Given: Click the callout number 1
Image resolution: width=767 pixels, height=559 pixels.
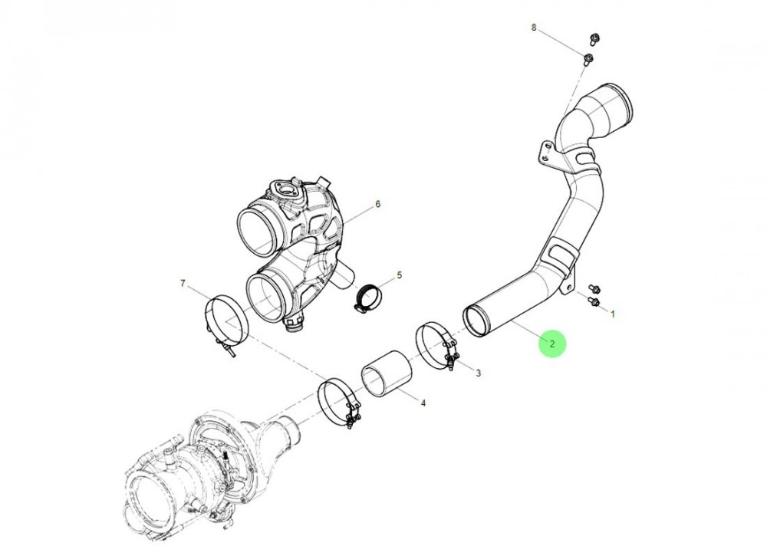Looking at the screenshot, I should [x=612, y=314].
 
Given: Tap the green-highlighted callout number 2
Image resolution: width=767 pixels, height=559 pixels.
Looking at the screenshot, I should [x=552, y=344].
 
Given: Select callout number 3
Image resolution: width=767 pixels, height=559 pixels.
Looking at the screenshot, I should [x=478, y=373].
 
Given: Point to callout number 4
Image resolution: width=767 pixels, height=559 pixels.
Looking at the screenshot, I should [x=423, y=402].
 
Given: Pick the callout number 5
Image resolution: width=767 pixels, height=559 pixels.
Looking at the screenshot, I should [x=399, y=275].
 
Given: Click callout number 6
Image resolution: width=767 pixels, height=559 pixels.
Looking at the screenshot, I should [x=377, y=204].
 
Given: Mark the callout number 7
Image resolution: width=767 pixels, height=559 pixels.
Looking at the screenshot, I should [x=183, y=284].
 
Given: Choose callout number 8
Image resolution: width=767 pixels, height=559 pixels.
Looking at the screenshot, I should [x=535, y=28].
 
